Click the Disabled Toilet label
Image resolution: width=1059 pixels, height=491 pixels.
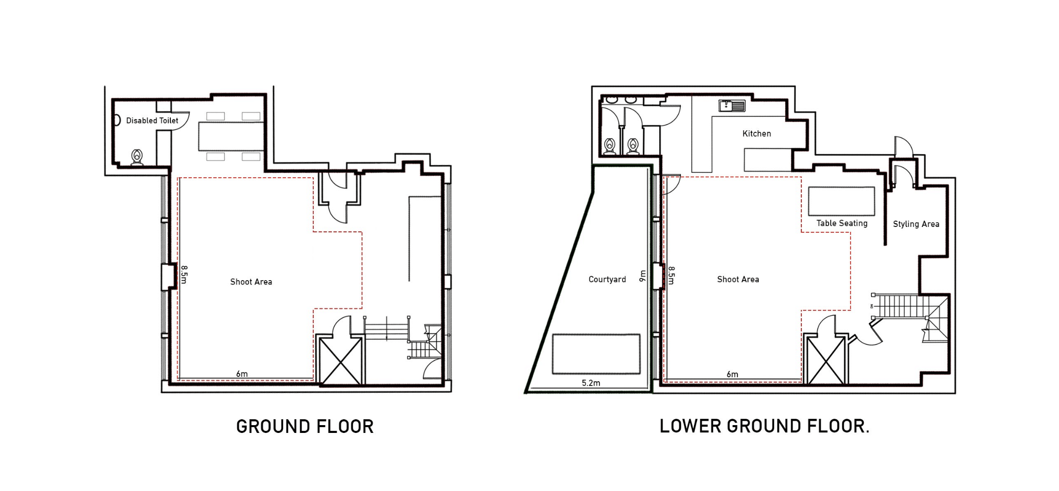point(152,121)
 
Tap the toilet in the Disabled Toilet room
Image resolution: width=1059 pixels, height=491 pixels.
point(137,157)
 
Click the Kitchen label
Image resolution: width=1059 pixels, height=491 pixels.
point(756,134)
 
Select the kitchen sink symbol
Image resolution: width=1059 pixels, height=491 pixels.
point(732,106)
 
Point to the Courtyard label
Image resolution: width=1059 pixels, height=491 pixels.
point(607,279)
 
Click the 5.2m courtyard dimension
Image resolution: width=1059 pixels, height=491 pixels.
point(591,383)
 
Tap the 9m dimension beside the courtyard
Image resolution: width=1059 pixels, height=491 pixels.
point(643,276)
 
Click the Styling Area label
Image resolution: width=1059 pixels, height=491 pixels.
point(916,224)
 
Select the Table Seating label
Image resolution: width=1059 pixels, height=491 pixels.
point(842,223)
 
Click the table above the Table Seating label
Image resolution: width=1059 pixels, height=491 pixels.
point(841,201)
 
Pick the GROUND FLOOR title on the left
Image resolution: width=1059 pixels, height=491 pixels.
point(305,427)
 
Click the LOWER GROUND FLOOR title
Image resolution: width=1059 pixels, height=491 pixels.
point(764,426)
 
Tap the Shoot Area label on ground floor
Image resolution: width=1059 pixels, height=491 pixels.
point(251,282)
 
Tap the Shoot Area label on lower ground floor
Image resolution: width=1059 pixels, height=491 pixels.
point(738,279)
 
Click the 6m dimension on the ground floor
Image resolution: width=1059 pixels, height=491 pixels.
point(242,374)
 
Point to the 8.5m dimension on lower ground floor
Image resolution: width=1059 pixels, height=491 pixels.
point(672,276)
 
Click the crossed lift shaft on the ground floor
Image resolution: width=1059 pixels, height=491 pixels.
point(341,361)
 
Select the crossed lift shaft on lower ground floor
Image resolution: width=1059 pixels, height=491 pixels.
point(825,360)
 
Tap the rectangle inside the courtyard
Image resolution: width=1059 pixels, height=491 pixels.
point(596,354)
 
